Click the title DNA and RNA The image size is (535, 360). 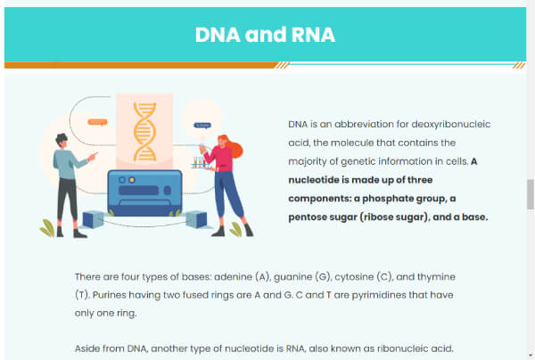[x=265, y=35]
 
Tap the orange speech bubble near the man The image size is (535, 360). [x=97, y=121]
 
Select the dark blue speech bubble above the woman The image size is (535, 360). [x=202, y=125]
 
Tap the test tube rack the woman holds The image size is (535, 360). [x=199, y=162]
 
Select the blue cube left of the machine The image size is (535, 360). [x=93, y=219]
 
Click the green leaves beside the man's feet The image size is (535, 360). [x=48, y=229]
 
